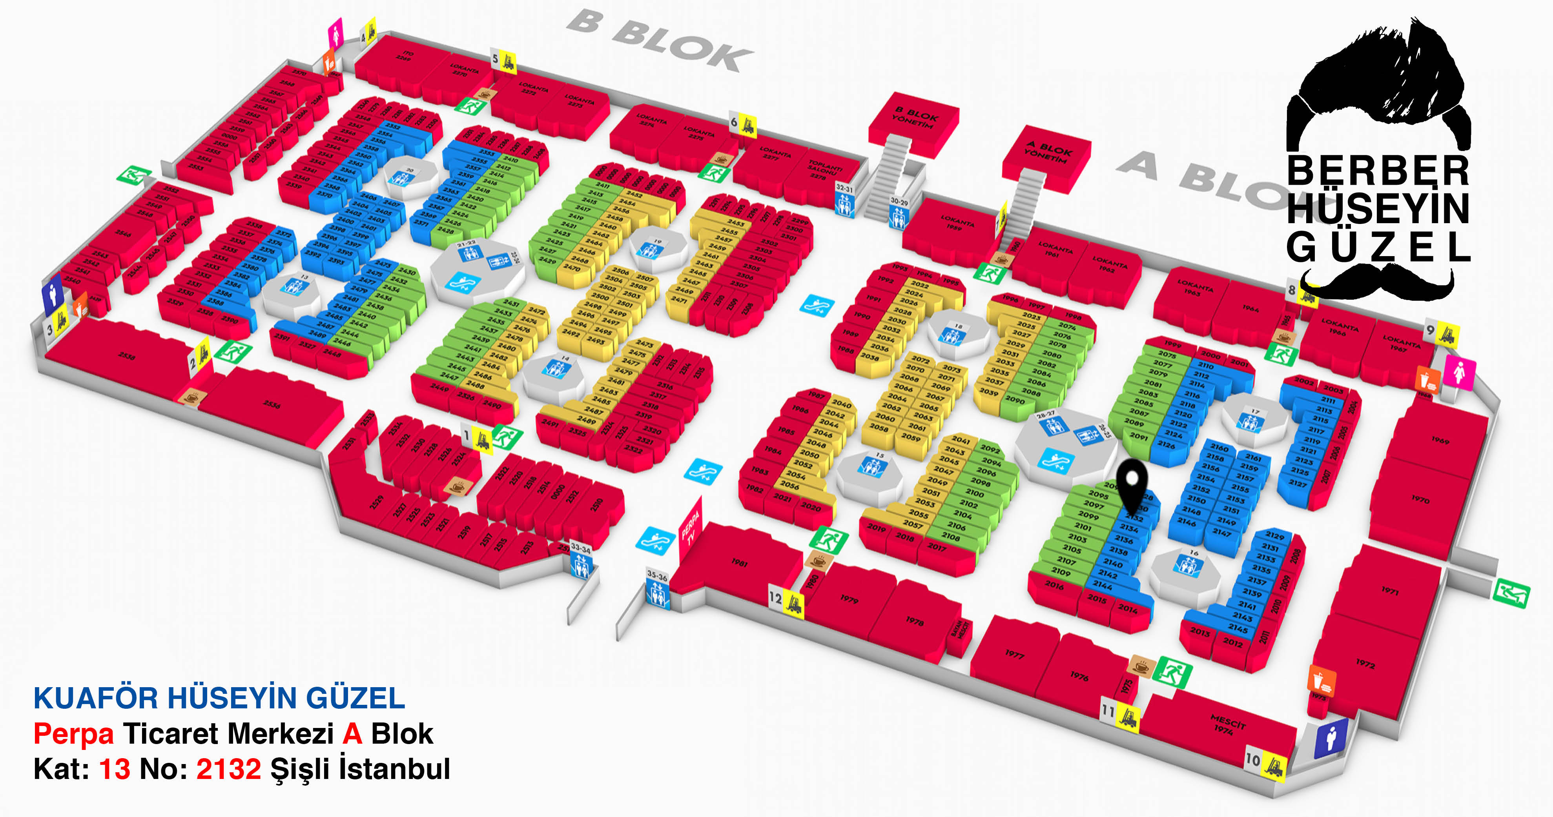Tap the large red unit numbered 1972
(x=1365, y=663)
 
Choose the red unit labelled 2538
(x=127, y=355)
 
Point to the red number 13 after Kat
(x=115, y=770)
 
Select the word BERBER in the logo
(x=1378, y=172)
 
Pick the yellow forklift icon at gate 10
(x=1274, y=768)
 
